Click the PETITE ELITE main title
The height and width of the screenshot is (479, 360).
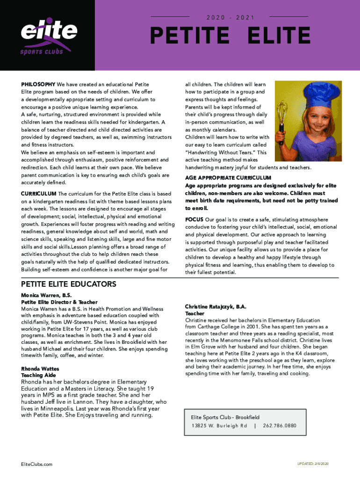pos(230,36)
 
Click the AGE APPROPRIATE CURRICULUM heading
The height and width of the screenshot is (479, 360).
pos(228,178)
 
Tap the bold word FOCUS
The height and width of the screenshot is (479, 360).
pos(194,219)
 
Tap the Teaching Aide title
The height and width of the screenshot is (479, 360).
pos(38,376)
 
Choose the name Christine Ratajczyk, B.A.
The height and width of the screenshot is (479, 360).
pos(216,307)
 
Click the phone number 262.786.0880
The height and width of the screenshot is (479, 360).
pos(280,426)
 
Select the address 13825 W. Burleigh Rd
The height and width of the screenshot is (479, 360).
pos(219,426)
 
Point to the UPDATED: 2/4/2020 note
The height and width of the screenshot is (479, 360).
pos(313,464)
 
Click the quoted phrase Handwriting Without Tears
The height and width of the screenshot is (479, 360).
pos(225,152)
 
